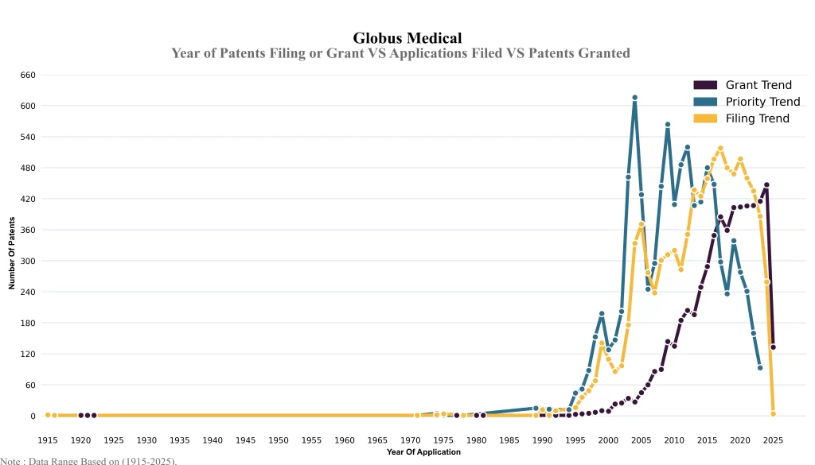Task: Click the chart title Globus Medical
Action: point(407,37)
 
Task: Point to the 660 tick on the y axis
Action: point(27,75)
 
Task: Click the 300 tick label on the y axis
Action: point(27,261)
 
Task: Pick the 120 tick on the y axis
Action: point(27,354)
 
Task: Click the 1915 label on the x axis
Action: point(48,440)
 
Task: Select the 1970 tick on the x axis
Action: point(410,440)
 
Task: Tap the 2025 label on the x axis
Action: point(773,440)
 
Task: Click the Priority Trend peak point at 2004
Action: point(634,98)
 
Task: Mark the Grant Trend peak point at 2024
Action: point(766,185)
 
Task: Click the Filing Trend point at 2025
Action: point(773,414)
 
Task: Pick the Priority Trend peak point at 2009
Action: point(668,125)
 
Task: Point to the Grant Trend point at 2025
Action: point(773,347)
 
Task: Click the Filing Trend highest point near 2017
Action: point(720,148)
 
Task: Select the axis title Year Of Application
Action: point(423,452)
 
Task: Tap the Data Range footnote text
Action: point(88,460)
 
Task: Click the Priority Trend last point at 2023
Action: point(760,368)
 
